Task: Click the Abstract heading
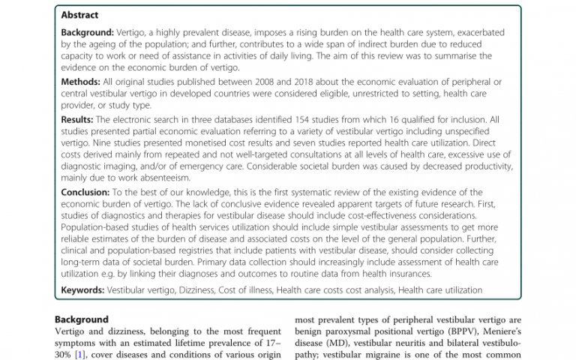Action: point(79,15)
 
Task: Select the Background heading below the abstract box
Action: point(82,319)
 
